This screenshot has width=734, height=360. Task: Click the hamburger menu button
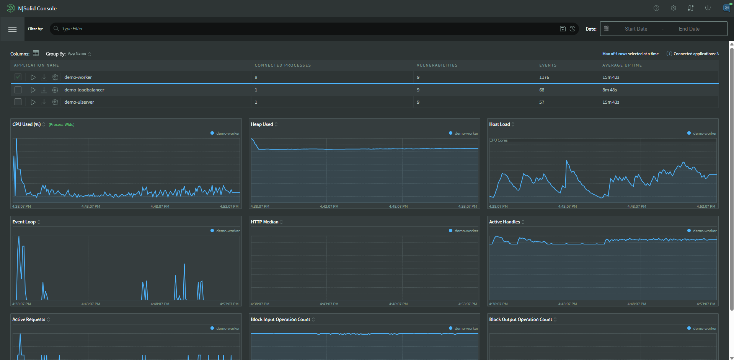pyautogui.click(x=12, y=29)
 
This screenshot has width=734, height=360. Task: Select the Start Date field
pyautogui.click(x=636, y=29)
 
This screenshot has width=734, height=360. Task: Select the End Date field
pyautogui.click(x=689, y=29)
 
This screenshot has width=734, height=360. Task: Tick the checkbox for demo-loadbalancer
pyautogui.click(x=18, y=90)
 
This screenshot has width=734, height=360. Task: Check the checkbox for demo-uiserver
pyautogui.click(x=18, y=102)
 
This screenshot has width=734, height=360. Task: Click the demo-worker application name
pyautogui.click(x=78, y=77)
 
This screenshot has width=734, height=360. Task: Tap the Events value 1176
pyautogui.click(x=544, y=77)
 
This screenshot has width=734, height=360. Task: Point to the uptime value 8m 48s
pyautogui.click(x=609, y=90)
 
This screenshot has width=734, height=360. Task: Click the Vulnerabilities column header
pyautogui.click(x=437, y=65)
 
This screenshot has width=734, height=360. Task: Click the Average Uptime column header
pyautogui.click(x=622, y=65)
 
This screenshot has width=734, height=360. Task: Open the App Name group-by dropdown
pyautogui.click(x=79, y=54)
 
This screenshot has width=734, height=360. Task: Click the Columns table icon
pyautogui.click(x=36, y=53)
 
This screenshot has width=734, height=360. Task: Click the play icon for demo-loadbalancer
pyautogui.click(x=33, y=90)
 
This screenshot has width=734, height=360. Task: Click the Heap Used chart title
pyautogui.click(x=262, y=124)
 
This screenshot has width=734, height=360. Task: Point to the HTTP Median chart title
pyautogui.click(x=264, y=222)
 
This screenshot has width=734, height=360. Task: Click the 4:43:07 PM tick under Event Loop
pyautogui.click(x=91, y=304)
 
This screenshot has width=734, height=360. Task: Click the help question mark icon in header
pyautogui.click(x=656, y=8)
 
